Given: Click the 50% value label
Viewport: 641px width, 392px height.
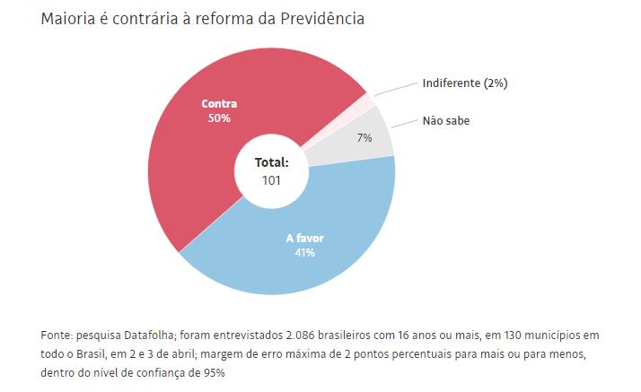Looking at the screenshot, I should pos(220,118).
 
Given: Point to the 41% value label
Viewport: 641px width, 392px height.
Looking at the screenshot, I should pos(305,252).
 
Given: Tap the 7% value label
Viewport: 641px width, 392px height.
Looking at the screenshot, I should pos(364,138).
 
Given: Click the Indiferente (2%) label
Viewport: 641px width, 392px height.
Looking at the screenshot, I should pos(465,83).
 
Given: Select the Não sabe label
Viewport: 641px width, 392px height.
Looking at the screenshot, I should pos(445,120).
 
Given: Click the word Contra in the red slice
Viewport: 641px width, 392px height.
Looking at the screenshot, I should pos(220,104).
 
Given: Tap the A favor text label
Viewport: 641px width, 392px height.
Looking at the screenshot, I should pos(305,239).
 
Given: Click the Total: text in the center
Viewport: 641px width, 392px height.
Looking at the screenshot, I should pos(271,163).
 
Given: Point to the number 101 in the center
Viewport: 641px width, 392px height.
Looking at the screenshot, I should pos(271,179).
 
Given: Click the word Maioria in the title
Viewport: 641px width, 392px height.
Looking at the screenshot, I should pos(68,19).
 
